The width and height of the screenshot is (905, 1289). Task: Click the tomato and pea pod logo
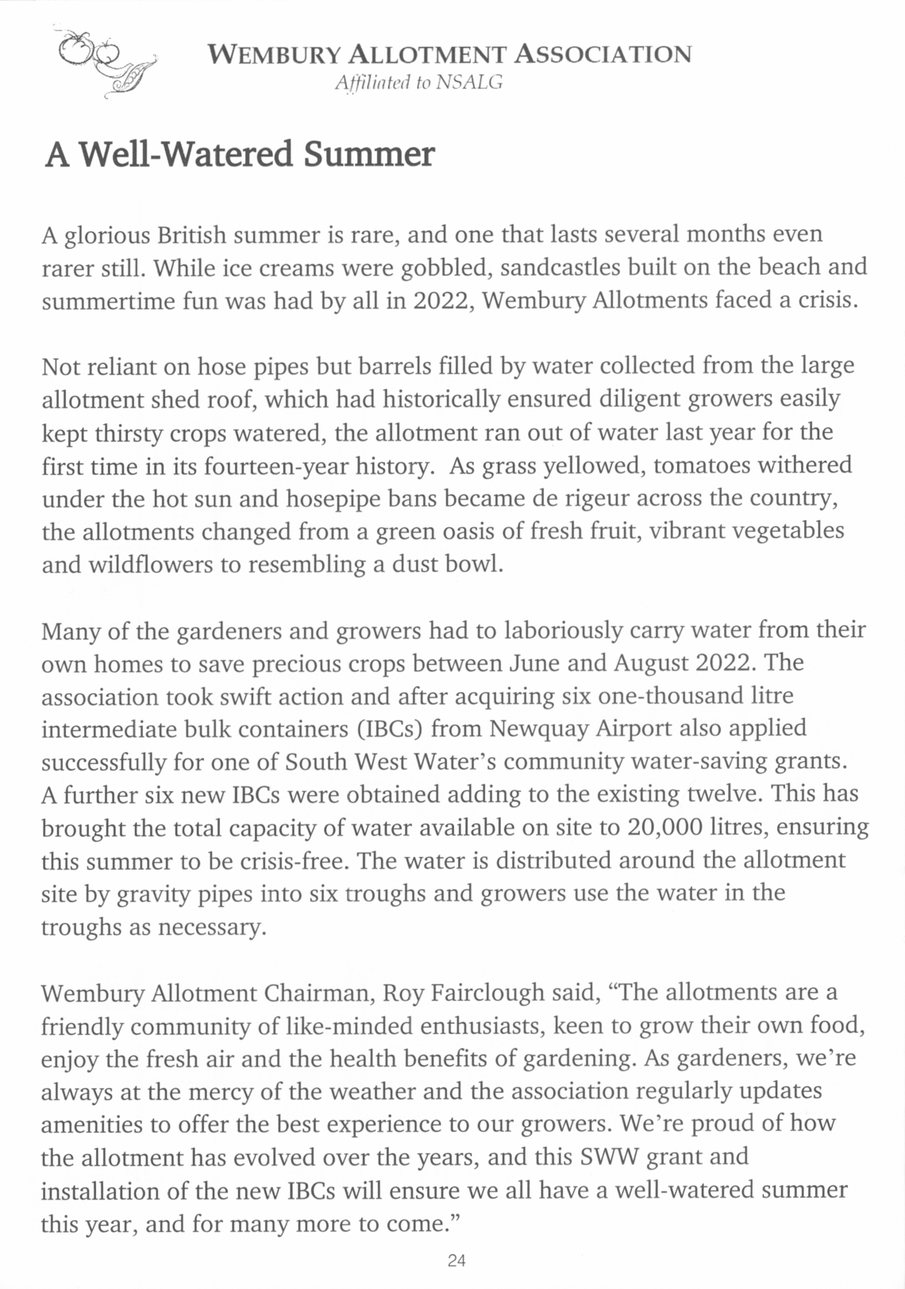(x=104, y=62)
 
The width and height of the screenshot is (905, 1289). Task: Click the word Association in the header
(x=603, y=55)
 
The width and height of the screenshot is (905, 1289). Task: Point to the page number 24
(x=456, y=1260)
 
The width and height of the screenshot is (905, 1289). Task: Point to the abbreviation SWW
(x=610, y=1156)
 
